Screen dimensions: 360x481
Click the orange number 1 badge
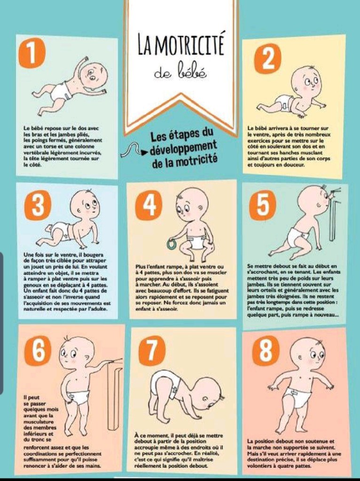32,53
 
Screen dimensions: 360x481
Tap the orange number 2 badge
268,58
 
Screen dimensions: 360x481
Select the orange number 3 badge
38,205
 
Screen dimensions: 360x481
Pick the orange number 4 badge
149,205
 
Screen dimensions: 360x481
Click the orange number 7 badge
152,351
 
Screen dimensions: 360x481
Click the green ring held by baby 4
172,245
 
